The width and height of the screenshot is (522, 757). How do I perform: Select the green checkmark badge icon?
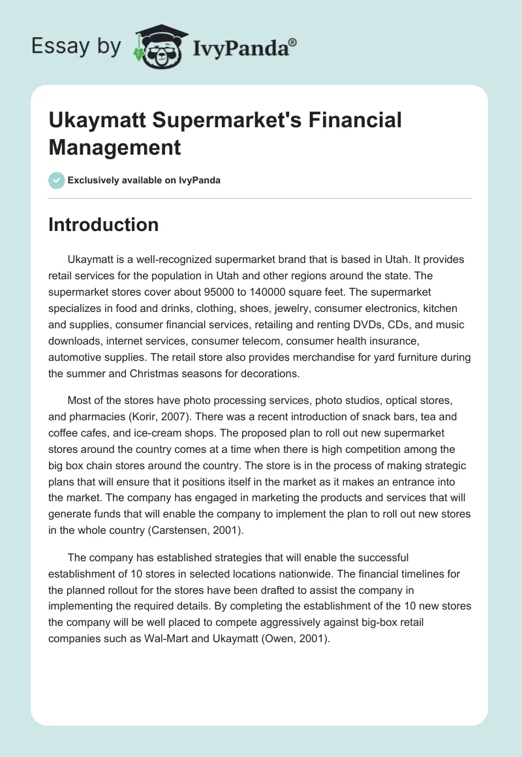tap(57, 180)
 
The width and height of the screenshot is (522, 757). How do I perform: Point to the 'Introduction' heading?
tap(104, 224)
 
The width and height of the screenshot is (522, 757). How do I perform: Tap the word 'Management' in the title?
tap(114, 147)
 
